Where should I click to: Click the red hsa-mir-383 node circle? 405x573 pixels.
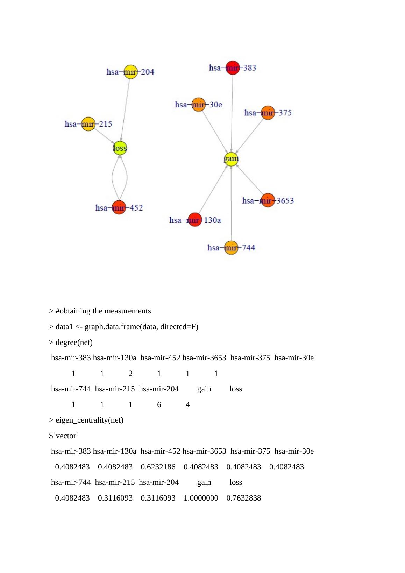(x=233, y=68)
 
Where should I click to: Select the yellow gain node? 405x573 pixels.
(x=231, y=159)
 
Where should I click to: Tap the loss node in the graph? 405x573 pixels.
(x=120, y=148)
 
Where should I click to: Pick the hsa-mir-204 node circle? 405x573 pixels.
(x=130, y=72)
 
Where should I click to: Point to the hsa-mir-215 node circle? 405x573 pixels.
(x=88, y=124)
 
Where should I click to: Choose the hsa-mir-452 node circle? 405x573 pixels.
(x=119, y=207)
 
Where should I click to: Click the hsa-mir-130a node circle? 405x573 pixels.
(x=195, y=220)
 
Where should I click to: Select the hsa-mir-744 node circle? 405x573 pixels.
(x=231, y=248)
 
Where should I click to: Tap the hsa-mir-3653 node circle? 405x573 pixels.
(x=268, y=200)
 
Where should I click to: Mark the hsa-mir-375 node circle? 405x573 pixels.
(x=268, y=113)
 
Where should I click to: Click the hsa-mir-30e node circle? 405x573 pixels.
(x=198, y=105)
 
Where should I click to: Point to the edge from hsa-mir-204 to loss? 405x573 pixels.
(x=126, y=108)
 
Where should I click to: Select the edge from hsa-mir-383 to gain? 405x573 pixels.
(x=232, y=112)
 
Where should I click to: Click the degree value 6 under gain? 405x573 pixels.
(x=159, y=405)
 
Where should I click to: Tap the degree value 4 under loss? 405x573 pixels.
(x=188, y=405)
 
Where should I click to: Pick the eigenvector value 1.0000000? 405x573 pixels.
(x=201, y=498)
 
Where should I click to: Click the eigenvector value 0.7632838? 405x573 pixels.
(x=243, y=498)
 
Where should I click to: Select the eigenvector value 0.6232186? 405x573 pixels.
(x=158, y=467)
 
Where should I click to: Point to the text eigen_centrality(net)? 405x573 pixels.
(x=89, y=420)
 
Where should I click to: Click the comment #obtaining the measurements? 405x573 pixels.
(x=103, y=311)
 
